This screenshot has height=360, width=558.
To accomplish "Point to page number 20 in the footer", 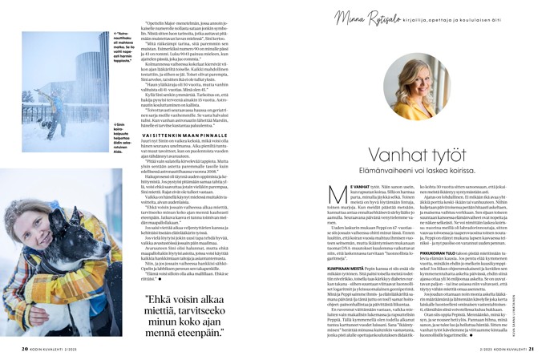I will [24, 348].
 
